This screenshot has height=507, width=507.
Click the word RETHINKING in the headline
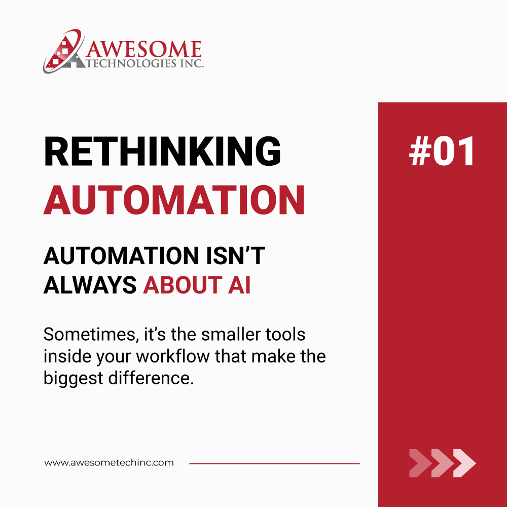(162, 152)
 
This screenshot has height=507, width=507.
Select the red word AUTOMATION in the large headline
(174, 200)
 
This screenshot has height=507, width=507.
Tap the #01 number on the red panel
(442, 152)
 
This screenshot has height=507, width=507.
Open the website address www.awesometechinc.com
(109, 463)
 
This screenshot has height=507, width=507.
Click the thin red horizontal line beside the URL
(274, 463)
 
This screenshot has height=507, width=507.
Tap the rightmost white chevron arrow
(464, 463)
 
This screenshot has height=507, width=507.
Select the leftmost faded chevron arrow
(420, 463)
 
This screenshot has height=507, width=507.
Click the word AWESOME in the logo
(143, 49)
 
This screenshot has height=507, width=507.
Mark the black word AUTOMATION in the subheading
(113, 257)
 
